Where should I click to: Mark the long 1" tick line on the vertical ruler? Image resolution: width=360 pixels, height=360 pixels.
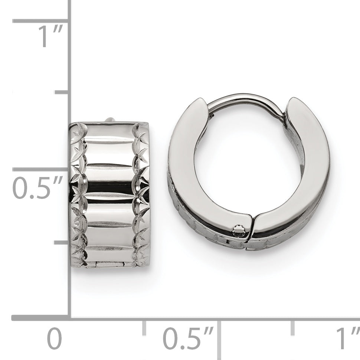pos(40,21)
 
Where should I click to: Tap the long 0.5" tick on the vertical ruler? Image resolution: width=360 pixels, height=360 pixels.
pos(40,170)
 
